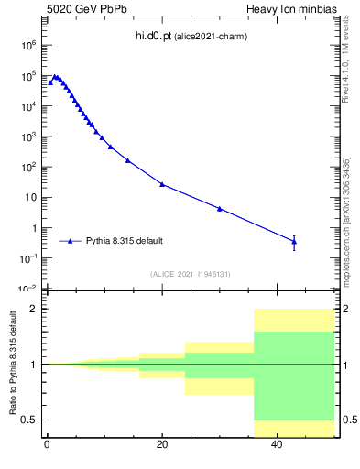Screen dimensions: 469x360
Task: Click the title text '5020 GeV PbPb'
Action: (x=82, y=9)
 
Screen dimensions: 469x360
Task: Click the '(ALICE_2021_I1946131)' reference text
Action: (x=191, y=273)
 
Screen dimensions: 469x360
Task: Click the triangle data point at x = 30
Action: (x=220, y=209)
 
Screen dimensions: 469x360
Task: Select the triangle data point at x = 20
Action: (x=162, y=184)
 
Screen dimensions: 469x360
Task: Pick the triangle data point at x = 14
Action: (x=127, y=160)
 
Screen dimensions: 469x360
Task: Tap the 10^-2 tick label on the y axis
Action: (x=28, y=289)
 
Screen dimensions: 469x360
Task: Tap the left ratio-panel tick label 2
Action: (x=35, y=309)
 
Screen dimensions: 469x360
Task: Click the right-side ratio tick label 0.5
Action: (x=348, y=420)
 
